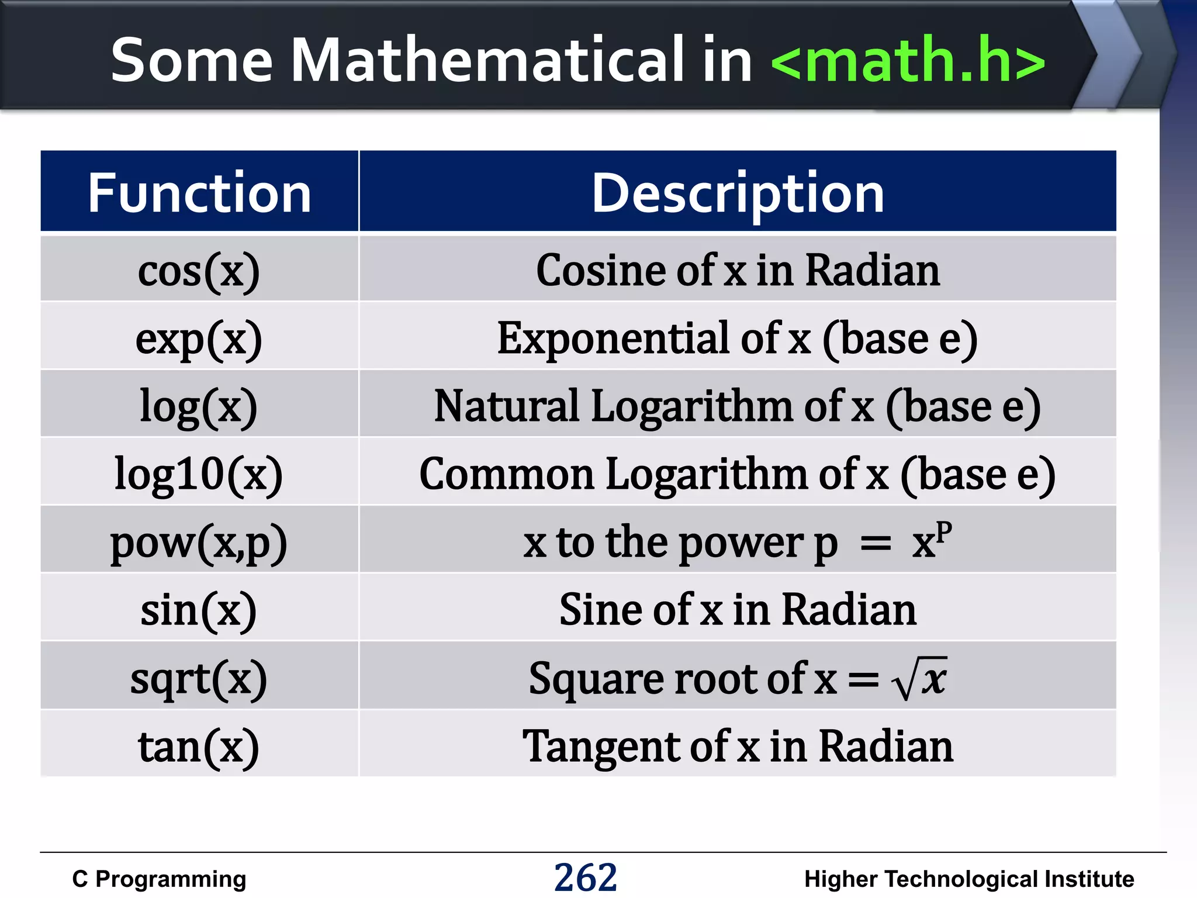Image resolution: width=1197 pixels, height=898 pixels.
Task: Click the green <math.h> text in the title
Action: coord(908,60)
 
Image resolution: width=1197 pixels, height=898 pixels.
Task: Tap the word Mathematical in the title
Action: coord(486,60)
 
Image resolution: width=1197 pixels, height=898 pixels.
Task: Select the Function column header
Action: coord(199,193)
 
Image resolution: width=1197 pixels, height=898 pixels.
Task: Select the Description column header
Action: coord(738,193)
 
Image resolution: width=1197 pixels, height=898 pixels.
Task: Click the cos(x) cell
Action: coord(199,271)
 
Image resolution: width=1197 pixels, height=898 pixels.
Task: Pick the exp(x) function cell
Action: coord(199,339)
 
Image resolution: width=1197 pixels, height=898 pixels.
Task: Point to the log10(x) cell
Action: coord(199,474)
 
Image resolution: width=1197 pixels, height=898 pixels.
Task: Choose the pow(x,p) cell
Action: coord(199,542)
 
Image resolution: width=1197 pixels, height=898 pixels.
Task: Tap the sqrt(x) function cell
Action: coord(199,678)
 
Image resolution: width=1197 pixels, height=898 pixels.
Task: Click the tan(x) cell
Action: coord(199,747)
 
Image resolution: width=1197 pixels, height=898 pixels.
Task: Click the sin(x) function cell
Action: coord(199,610)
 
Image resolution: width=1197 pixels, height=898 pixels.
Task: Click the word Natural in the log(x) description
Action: coord(506,406)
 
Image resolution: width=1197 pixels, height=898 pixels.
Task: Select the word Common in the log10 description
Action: coord(506,474)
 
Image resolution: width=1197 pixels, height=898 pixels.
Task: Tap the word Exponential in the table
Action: coord(613,339)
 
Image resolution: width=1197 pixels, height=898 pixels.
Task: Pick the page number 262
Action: coord(585,878)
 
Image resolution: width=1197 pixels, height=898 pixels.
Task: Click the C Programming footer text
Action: coord(159,879)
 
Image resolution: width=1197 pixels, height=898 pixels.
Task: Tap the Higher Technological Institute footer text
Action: coord(968,879)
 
